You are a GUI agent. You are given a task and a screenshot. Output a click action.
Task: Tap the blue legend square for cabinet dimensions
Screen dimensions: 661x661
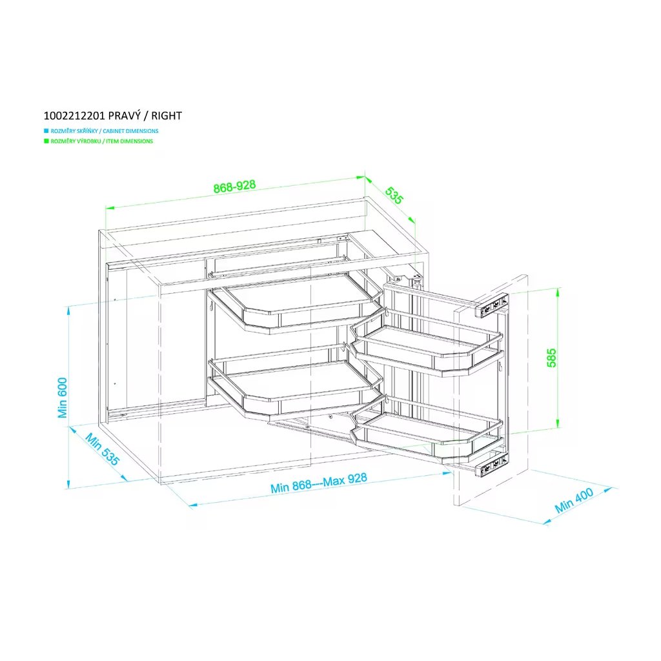[46, 131]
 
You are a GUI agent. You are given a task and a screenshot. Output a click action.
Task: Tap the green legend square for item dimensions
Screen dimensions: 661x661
[46, 141]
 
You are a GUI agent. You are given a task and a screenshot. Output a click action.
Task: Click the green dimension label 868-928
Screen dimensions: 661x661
[234, 187]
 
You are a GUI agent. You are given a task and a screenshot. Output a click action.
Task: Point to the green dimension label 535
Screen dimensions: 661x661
[394, 195]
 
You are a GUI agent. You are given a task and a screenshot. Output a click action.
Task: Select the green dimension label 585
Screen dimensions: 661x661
[551, 358]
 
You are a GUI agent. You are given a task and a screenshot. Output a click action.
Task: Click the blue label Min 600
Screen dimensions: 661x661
[63, 397]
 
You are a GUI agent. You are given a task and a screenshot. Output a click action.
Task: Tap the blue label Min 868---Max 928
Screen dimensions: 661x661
[319, 483]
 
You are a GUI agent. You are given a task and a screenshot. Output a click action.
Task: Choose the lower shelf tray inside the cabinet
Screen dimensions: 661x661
[294, 384]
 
